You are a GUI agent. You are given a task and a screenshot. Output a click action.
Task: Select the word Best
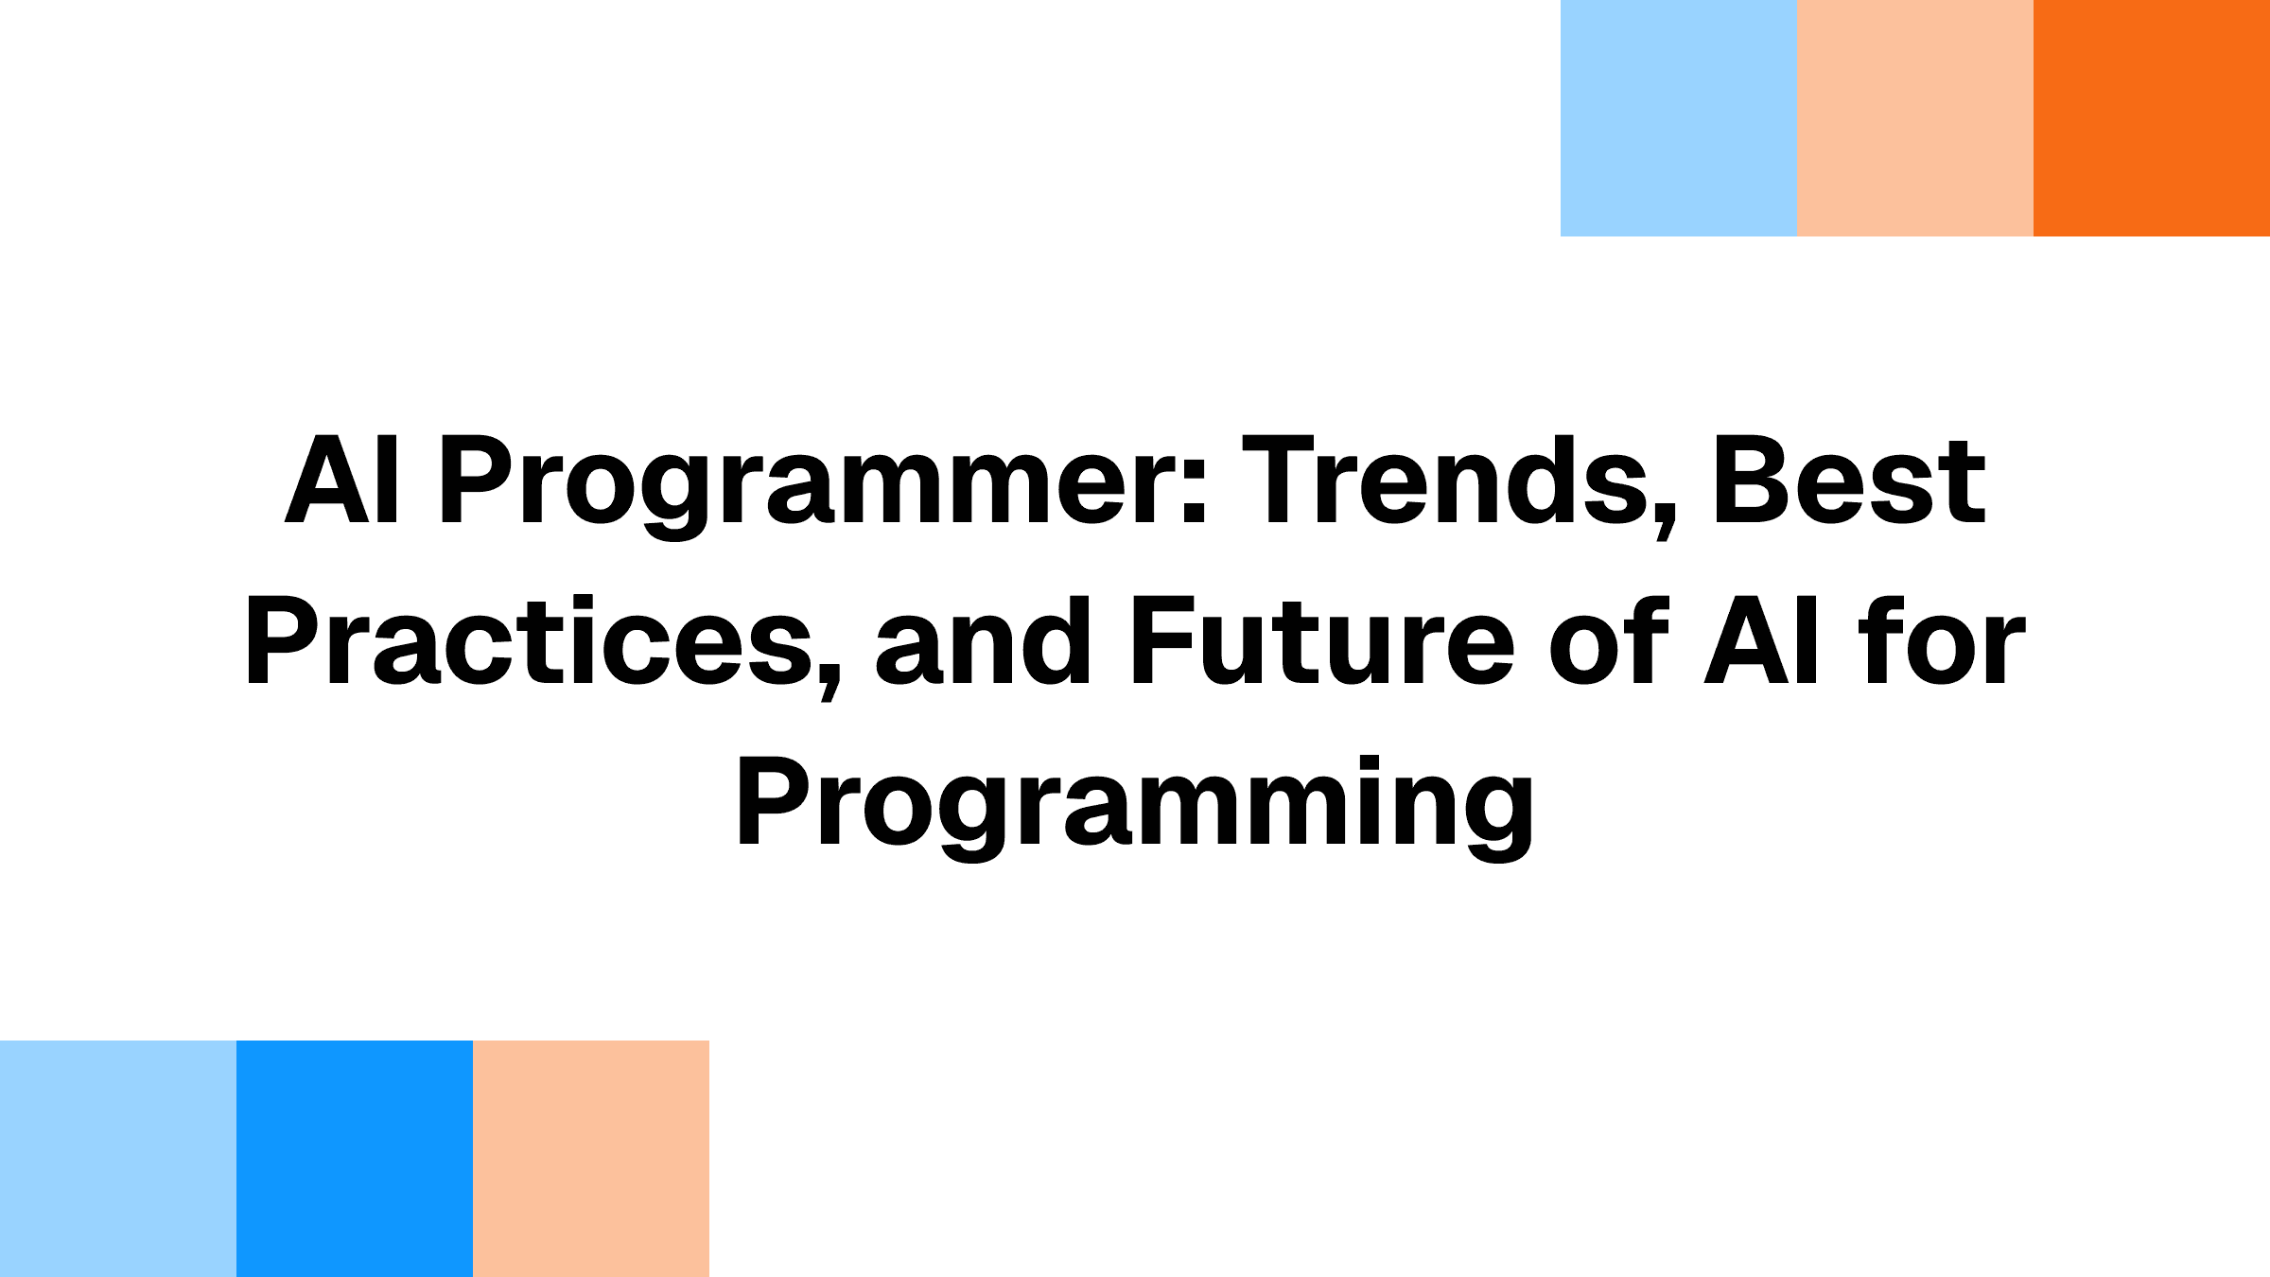[x=1849, y=481]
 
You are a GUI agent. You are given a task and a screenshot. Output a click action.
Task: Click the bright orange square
[x=2152, y=118]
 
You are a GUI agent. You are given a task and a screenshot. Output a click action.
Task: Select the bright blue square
[x=355, y=1159]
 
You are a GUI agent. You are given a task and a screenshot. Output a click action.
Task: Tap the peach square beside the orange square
[x=1915, y=118]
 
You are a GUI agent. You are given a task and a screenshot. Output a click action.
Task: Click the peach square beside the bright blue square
[x=591, y=1159]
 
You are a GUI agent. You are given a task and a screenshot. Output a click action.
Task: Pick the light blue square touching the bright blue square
[x=118, y=1159]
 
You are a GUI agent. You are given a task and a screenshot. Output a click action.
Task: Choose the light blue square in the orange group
[x=1679, y=118]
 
